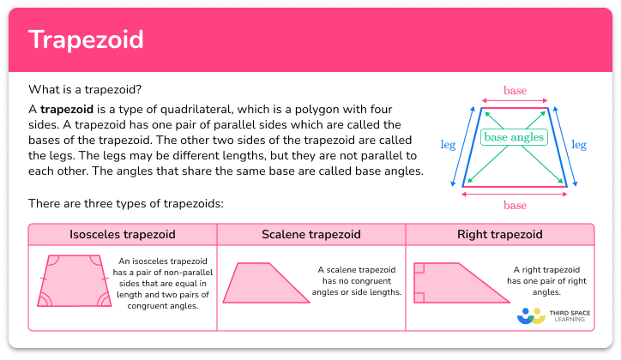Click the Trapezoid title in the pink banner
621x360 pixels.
coord(86,39)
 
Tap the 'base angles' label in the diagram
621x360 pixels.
coord(515,137)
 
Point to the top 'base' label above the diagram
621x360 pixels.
coord(515,90)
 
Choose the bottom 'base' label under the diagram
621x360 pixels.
coord(515,206)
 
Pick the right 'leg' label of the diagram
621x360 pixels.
coord(579,146)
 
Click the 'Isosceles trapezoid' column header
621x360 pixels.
coord(123,234)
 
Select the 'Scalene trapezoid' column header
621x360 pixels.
coord(310,234)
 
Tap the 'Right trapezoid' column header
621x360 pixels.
coord(499,234)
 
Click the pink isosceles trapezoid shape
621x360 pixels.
coord(71,280)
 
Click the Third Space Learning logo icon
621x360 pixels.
coord(532,316)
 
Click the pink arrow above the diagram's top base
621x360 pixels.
coord(515,99)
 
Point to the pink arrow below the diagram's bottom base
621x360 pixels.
coord(515,195)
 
